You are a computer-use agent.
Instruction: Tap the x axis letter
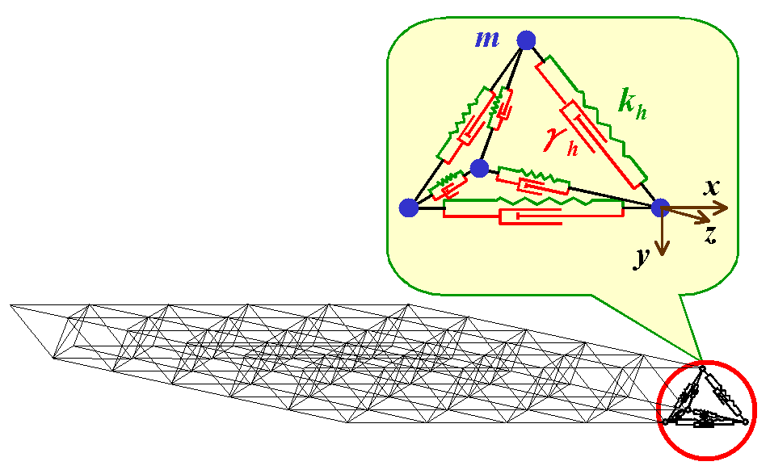[x=712, y=187]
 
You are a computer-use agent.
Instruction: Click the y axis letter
[x=642, y=257]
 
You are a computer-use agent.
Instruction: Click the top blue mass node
[x=526, y=39]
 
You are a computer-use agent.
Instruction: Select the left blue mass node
[x=409, y=208]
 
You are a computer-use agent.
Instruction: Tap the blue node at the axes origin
[x=661, y=208]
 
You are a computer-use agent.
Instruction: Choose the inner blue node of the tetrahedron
[x=479, y=168]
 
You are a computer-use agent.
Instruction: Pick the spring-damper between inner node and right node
[x=533, y=181]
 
